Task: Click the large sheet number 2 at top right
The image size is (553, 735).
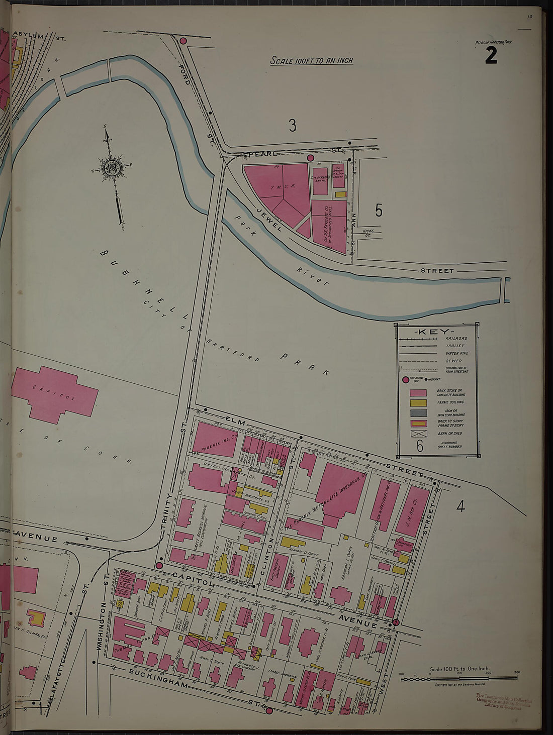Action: click(491, 55)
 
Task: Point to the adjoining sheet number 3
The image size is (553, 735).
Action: click(292, 125)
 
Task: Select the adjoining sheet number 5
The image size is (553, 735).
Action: click(379, 211)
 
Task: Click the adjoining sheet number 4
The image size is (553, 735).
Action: click(460, 507)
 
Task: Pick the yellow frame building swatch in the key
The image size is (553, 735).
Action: click(418, 402)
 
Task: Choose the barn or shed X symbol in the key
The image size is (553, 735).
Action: click(418, 434)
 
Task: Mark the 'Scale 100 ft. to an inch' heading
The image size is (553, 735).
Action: click(311, 61)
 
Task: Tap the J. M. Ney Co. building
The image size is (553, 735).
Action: click(416, 503)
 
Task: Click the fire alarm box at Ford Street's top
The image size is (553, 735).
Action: click(183, 41)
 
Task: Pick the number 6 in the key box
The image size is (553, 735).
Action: click(420, 446)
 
